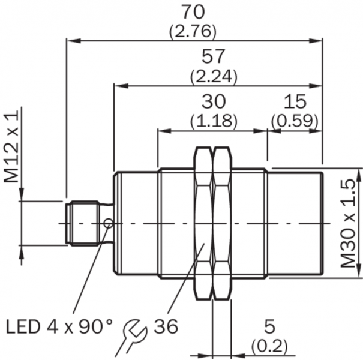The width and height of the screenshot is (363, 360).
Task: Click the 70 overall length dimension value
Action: [194, 12]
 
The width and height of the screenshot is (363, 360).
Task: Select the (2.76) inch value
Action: [194, 31]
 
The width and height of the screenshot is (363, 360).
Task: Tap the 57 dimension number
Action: [214, 57]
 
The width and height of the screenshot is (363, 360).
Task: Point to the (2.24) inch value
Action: [214, 76]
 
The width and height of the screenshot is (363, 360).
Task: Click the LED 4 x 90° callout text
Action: [59, 327]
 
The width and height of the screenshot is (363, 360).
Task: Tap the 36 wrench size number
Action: [166, 327]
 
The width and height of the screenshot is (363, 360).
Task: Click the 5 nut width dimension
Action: [269, 327]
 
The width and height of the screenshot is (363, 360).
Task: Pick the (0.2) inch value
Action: [269, 346]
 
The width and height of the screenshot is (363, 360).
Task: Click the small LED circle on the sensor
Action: [108, 224]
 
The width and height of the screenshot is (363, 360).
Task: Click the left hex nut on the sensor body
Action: [204, 223]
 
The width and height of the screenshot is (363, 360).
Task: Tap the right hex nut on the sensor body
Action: [221, 223]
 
